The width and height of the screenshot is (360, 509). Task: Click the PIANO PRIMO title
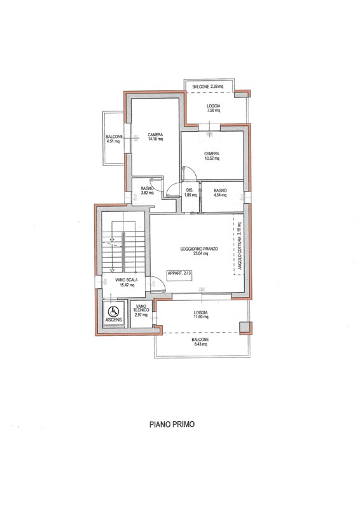(172, 424)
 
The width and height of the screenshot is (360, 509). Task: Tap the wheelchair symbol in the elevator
(113, 312)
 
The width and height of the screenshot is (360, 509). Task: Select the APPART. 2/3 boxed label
(179, 273)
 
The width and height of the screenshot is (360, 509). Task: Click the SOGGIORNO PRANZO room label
(199, 251)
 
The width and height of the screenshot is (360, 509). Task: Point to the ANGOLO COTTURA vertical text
(240, 246)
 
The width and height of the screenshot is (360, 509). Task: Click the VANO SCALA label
(127, 282)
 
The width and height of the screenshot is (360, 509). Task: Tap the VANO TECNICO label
(141, 310)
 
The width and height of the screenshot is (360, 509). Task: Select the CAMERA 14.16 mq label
(155, 137)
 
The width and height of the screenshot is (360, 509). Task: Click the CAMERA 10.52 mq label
(212, 156)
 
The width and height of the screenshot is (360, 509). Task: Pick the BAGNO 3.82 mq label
(148, 190)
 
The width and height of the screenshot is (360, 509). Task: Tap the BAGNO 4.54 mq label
(220, 193)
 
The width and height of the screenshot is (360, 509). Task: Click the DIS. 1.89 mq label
(190, 193)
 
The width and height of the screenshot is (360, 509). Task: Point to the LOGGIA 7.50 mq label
(213, 108)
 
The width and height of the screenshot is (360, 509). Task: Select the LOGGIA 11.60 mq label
(200, 314)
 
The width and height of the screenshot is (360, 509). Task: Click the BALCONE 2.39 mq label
(208, 87)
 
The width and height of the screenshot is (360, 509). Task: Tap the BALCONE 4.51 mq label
(114, 139)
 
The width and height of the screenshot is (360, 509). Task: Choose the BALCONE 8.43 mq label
(200, 342)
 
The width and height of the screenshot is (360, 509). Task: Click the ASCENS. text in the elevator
(114, 320)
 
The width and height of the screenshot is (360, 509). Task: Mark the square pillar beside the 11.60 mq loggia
(246, 328)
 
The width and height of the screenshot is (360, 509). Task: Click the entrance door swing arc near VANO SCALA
(160, 281)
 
